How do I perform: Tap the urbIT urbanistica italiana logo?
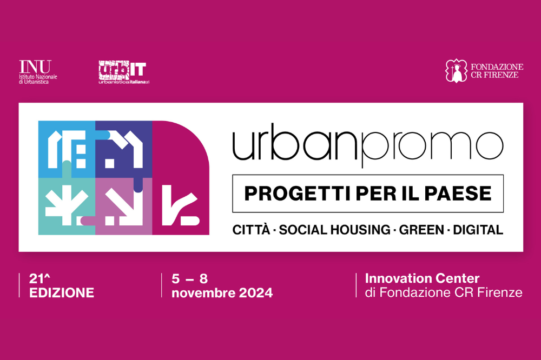pyautogui.click(x=123, y=72)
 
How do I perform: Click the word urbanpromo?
pyautogui.click(x=367, y=145)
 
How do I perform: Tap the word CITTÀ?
pyautogui.click(x=251, y=230)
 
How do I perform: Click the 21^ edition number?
pyautogui.click(x=38, y=279)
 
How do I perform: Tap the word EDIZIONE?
pyautogui.click(x=62, y=293)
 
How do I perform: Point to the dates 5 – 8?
pyautogui.click(x=189, y=279)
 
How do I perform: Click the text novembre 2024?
pyautogui.click(x=222, y=293)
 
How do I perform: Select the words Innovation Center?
pyautogui.click(x=422, y=279)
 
